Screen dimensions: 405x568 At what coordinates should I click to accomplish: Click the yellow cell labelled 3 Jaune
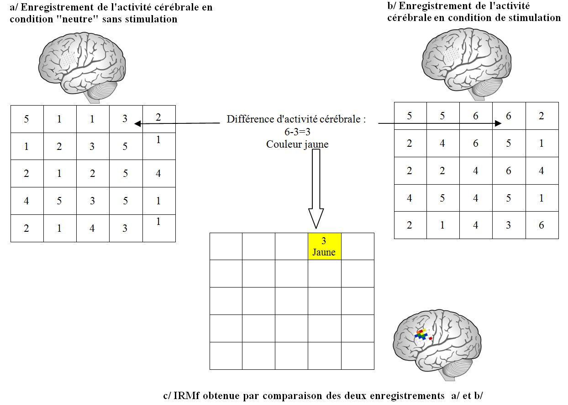324,246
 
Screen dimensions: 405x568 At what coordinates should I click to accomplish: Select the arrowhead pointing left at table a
137,123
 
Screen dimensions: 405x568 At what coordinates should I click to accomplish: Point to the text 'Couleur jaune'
297,144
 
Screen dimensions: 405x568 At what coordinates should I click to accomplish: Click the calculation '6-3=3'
297,132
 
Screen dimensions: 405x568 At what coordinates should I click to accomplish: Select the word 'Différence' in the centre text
248,120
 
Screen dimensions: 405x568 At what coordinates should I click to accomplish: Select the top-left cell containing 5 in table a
26,119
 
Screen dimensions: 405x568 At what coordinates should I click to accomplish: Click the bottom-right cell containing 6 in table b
542,225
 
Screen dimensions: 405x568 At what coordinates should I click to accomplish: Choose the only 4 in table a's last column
158,174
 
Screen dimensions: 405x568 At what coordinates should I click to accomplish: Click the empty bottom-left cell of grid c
226,356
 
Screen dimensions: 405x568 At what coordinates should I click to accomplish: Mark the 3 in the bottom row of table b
509,225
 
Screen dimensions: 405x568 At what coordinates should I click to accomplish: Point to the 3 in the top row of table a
125,119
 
